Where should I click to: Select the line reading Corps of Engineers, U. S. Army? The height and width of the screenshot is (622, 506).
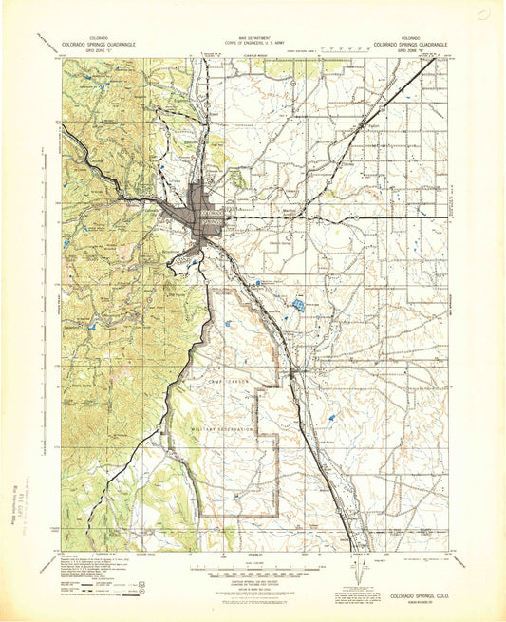point(252,43)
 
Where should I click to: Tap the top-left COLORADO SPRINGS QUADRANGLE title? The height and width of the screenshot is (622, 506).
point(100,43)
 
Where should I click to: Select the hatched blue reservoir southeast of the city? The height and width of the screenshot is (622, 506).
point(298,305)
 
